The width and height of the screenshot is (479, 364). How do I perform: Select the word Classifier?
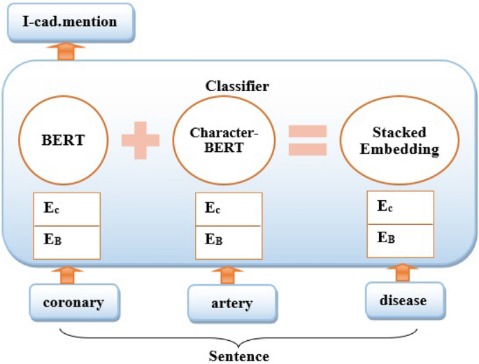[237, 86]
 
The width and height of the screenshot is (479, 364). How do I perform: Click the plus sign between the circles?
[141, 138]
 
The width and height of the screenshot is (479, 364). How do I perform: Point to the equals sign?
[308, 140]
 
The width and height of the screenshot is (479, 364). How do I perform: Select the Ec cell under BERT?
[68, 209]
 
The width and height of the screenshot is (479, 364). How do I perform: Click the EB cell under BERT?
[68, 240]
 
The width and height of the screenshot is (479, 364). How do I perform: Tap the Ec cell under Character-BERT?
[228, 209]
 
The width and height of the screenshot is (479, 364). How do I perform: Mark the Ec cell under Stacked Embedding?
[401, 207]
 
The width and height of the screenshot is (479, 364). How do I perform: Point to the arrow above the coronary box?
[68, 274]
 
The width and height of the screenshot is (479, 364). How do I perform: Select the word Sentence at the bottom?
[238, 356]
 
